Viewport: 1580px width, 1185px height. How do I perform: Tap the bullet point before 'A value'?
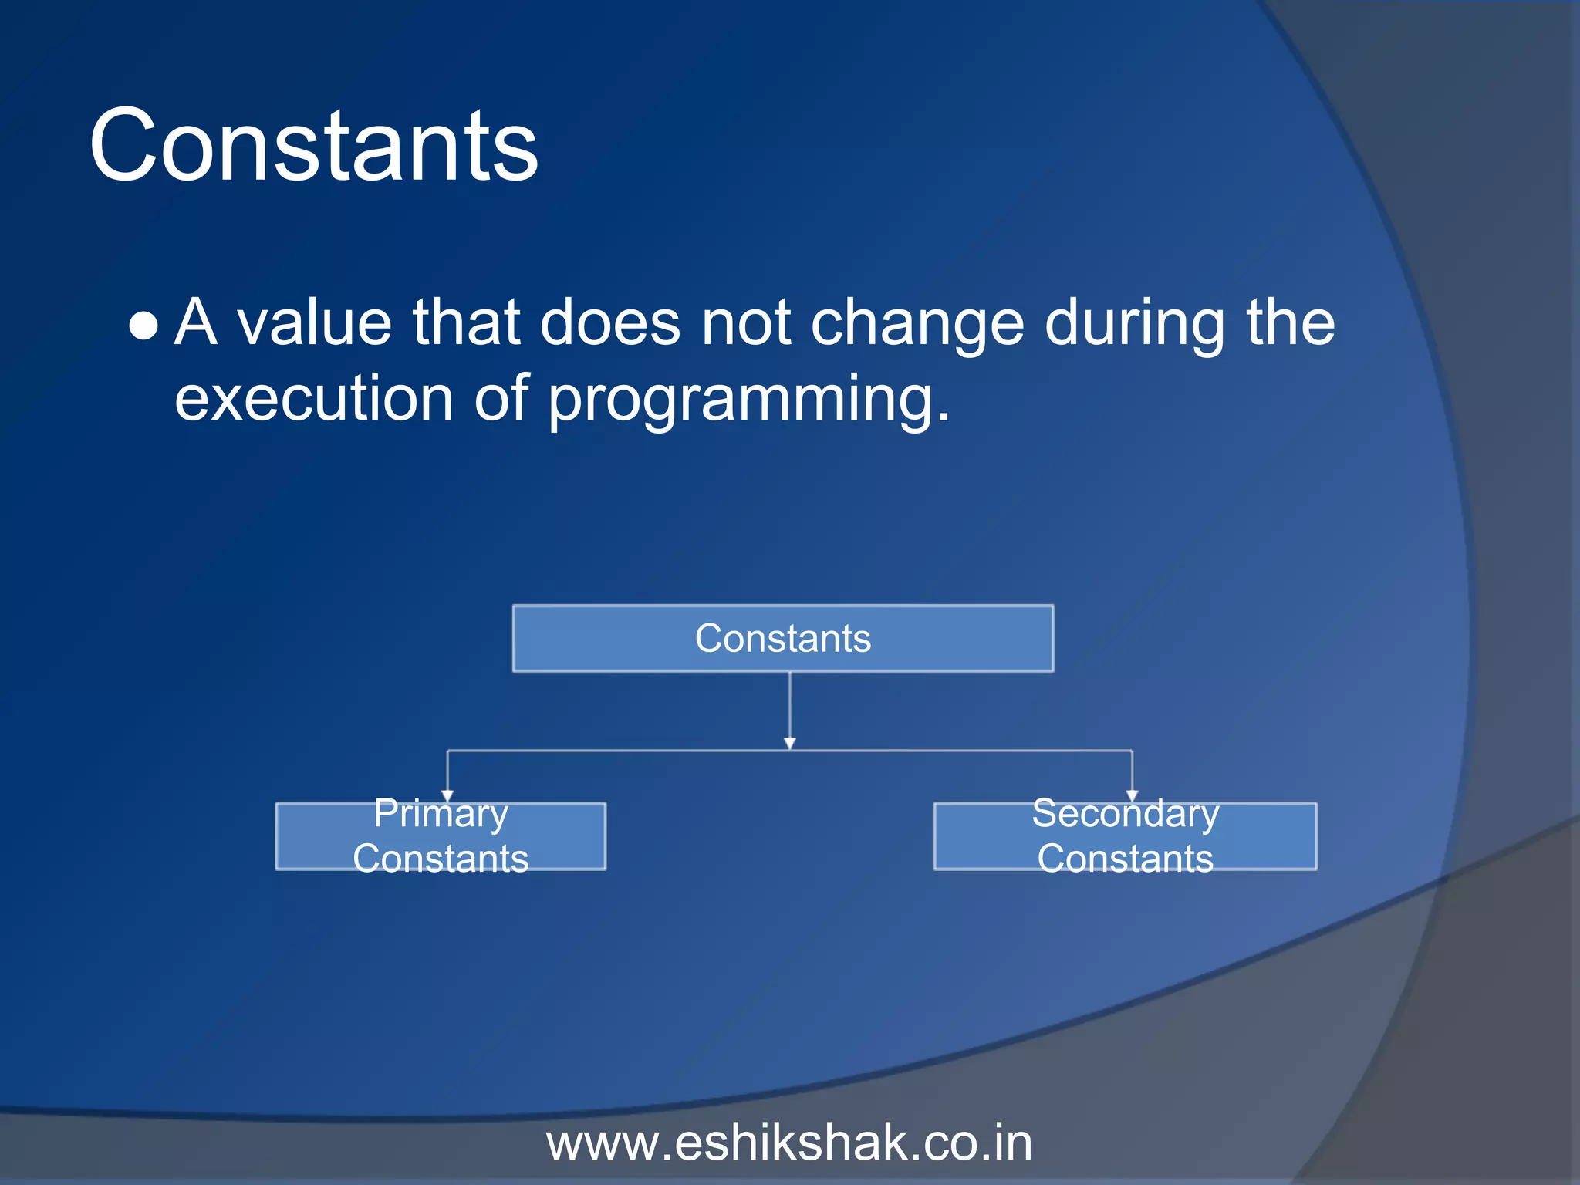(x=143, y=326)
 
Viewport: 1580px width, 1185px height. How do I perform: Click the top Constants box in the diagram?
(x=782, y=638)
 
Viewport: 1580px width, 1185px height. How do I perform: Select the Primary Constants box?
(x=441, y=837)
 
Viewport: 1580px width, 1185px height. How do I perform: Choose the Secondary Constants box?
(x=1125, y=837)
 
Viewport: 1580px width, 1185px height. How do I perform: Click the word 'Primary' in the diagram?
(x=441, y=814)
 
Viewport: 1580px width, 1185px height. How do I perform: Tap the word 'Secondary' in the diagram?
(x=1125, y=814)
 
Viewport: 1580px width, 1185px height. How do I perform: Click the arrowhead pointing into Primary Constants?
(x=447, y=796)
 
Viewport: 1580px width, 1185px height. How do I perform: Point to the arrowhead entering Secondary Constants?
(x=1132, y=796)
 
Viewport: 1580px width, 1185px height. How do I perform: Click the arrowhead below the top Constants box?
(x=789, y=743)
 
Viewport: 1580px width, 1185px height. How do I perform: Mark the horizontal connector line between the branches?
(x=617, y=750)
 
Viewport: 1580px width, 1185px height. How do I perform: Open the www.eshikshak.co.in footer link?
(x=788, y=1143)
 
